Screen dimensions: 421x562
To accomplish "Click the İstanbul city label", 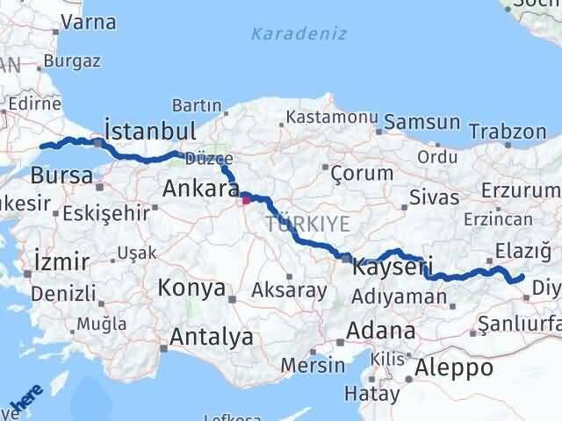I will pyautogui.click(x=149, y=130).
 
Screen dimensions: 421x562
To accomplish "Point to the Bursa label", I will pyautogui.click(x=61, y=175).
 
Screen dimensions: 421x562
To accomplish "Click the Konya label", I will pyautogui.click(x=191, y=288).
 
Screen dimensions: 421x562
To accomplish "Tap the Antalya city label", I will pyautogui.click(x=212, y=336).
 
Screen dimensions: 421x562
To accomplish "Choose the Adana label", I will pyautogui.click(x=381, y=332).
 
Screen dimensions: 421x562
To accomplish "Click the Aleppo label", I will pyautogui.click(x=456, y=367).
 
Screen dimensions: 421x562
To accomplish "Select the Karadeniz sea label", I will pyautogui.click(x=299, y=34).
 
